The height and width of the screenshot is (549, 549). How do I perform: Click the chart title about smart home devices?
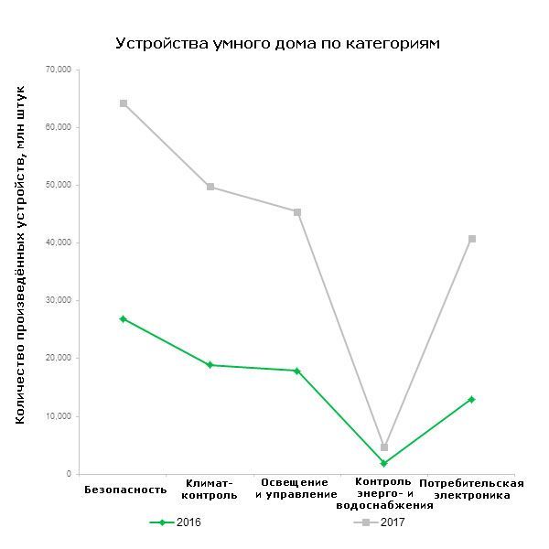[278, 43]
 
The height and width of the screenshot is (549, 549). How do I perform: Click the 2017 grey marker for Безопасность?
[123, 103]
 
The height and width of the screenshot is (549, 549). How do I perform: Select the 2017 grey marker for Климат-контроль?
[210, 187]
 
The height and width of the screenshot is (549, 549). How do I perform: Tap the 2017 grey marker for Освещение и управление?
[297, 212]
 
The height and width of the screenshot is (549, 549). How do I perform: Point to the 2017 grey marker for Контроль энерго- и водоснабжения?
[384, 447]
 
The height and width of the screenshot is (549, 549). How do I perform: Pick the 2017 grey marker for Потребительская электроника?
[472, 239]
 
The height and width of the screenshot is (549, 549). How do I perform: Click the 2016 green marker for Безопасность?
[123, 318]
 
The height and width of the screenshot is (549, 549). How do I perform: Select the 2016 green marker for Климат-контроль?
[210, 365]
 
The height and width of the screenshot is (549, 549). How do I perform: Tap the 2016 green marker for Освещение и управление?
[297, 371]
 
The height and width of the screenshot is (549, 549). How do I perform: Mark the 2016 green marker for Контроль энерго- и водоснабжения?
[384, 464]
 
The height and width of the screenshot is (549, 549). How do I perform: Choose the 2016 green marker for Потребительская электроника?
[472, 399]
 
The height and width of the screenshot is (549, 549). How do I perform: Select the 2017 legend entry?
[379, 522]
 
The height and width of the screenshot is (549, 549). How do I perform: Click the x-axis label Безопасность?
[125, 489]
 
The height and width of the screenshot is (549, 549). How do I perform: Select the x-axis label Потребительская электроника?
[471, 489]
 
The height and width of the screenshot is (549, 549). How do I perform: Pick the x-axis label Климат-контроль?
[210, 489]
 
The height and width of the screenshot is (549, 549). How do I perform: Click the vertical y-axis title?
[21, 254]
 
